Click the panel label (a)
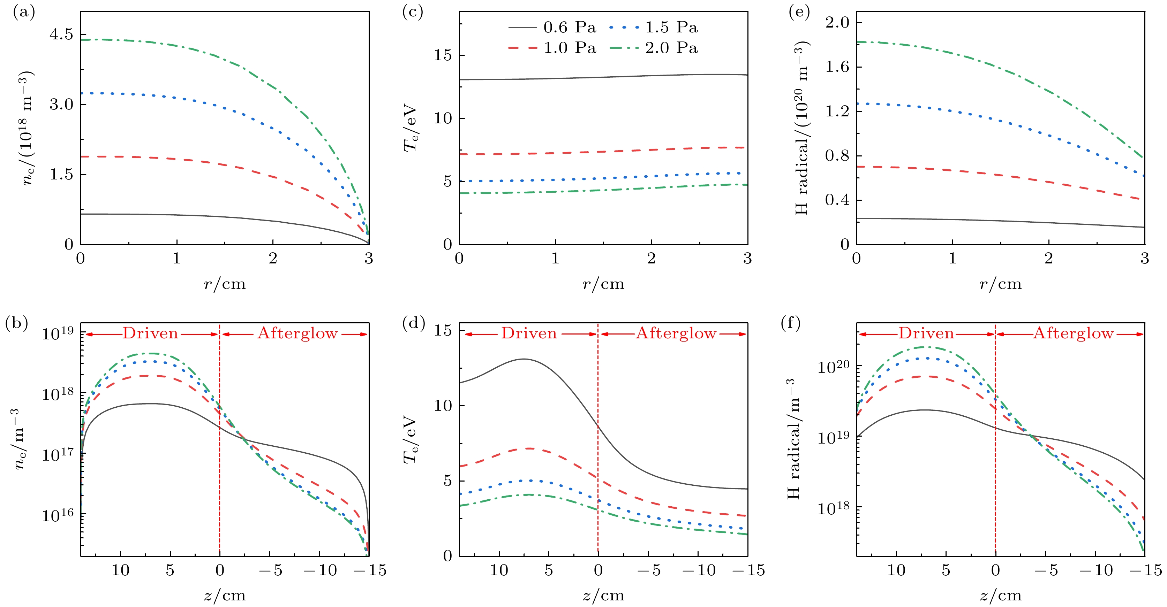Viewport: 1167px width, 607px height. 24,12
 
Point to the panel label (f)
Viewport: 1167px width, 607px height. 791,323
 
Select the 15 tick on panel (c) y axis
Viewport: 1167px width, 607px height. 443,56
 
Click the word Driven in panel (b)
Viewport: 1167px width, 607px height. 150,333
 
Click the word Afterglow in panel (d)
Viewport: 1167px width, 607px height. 676,333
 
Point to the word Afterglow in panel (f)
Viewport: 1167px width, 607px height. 1073,333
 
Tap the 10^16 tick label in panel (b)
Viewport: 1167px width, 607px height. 58,515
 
